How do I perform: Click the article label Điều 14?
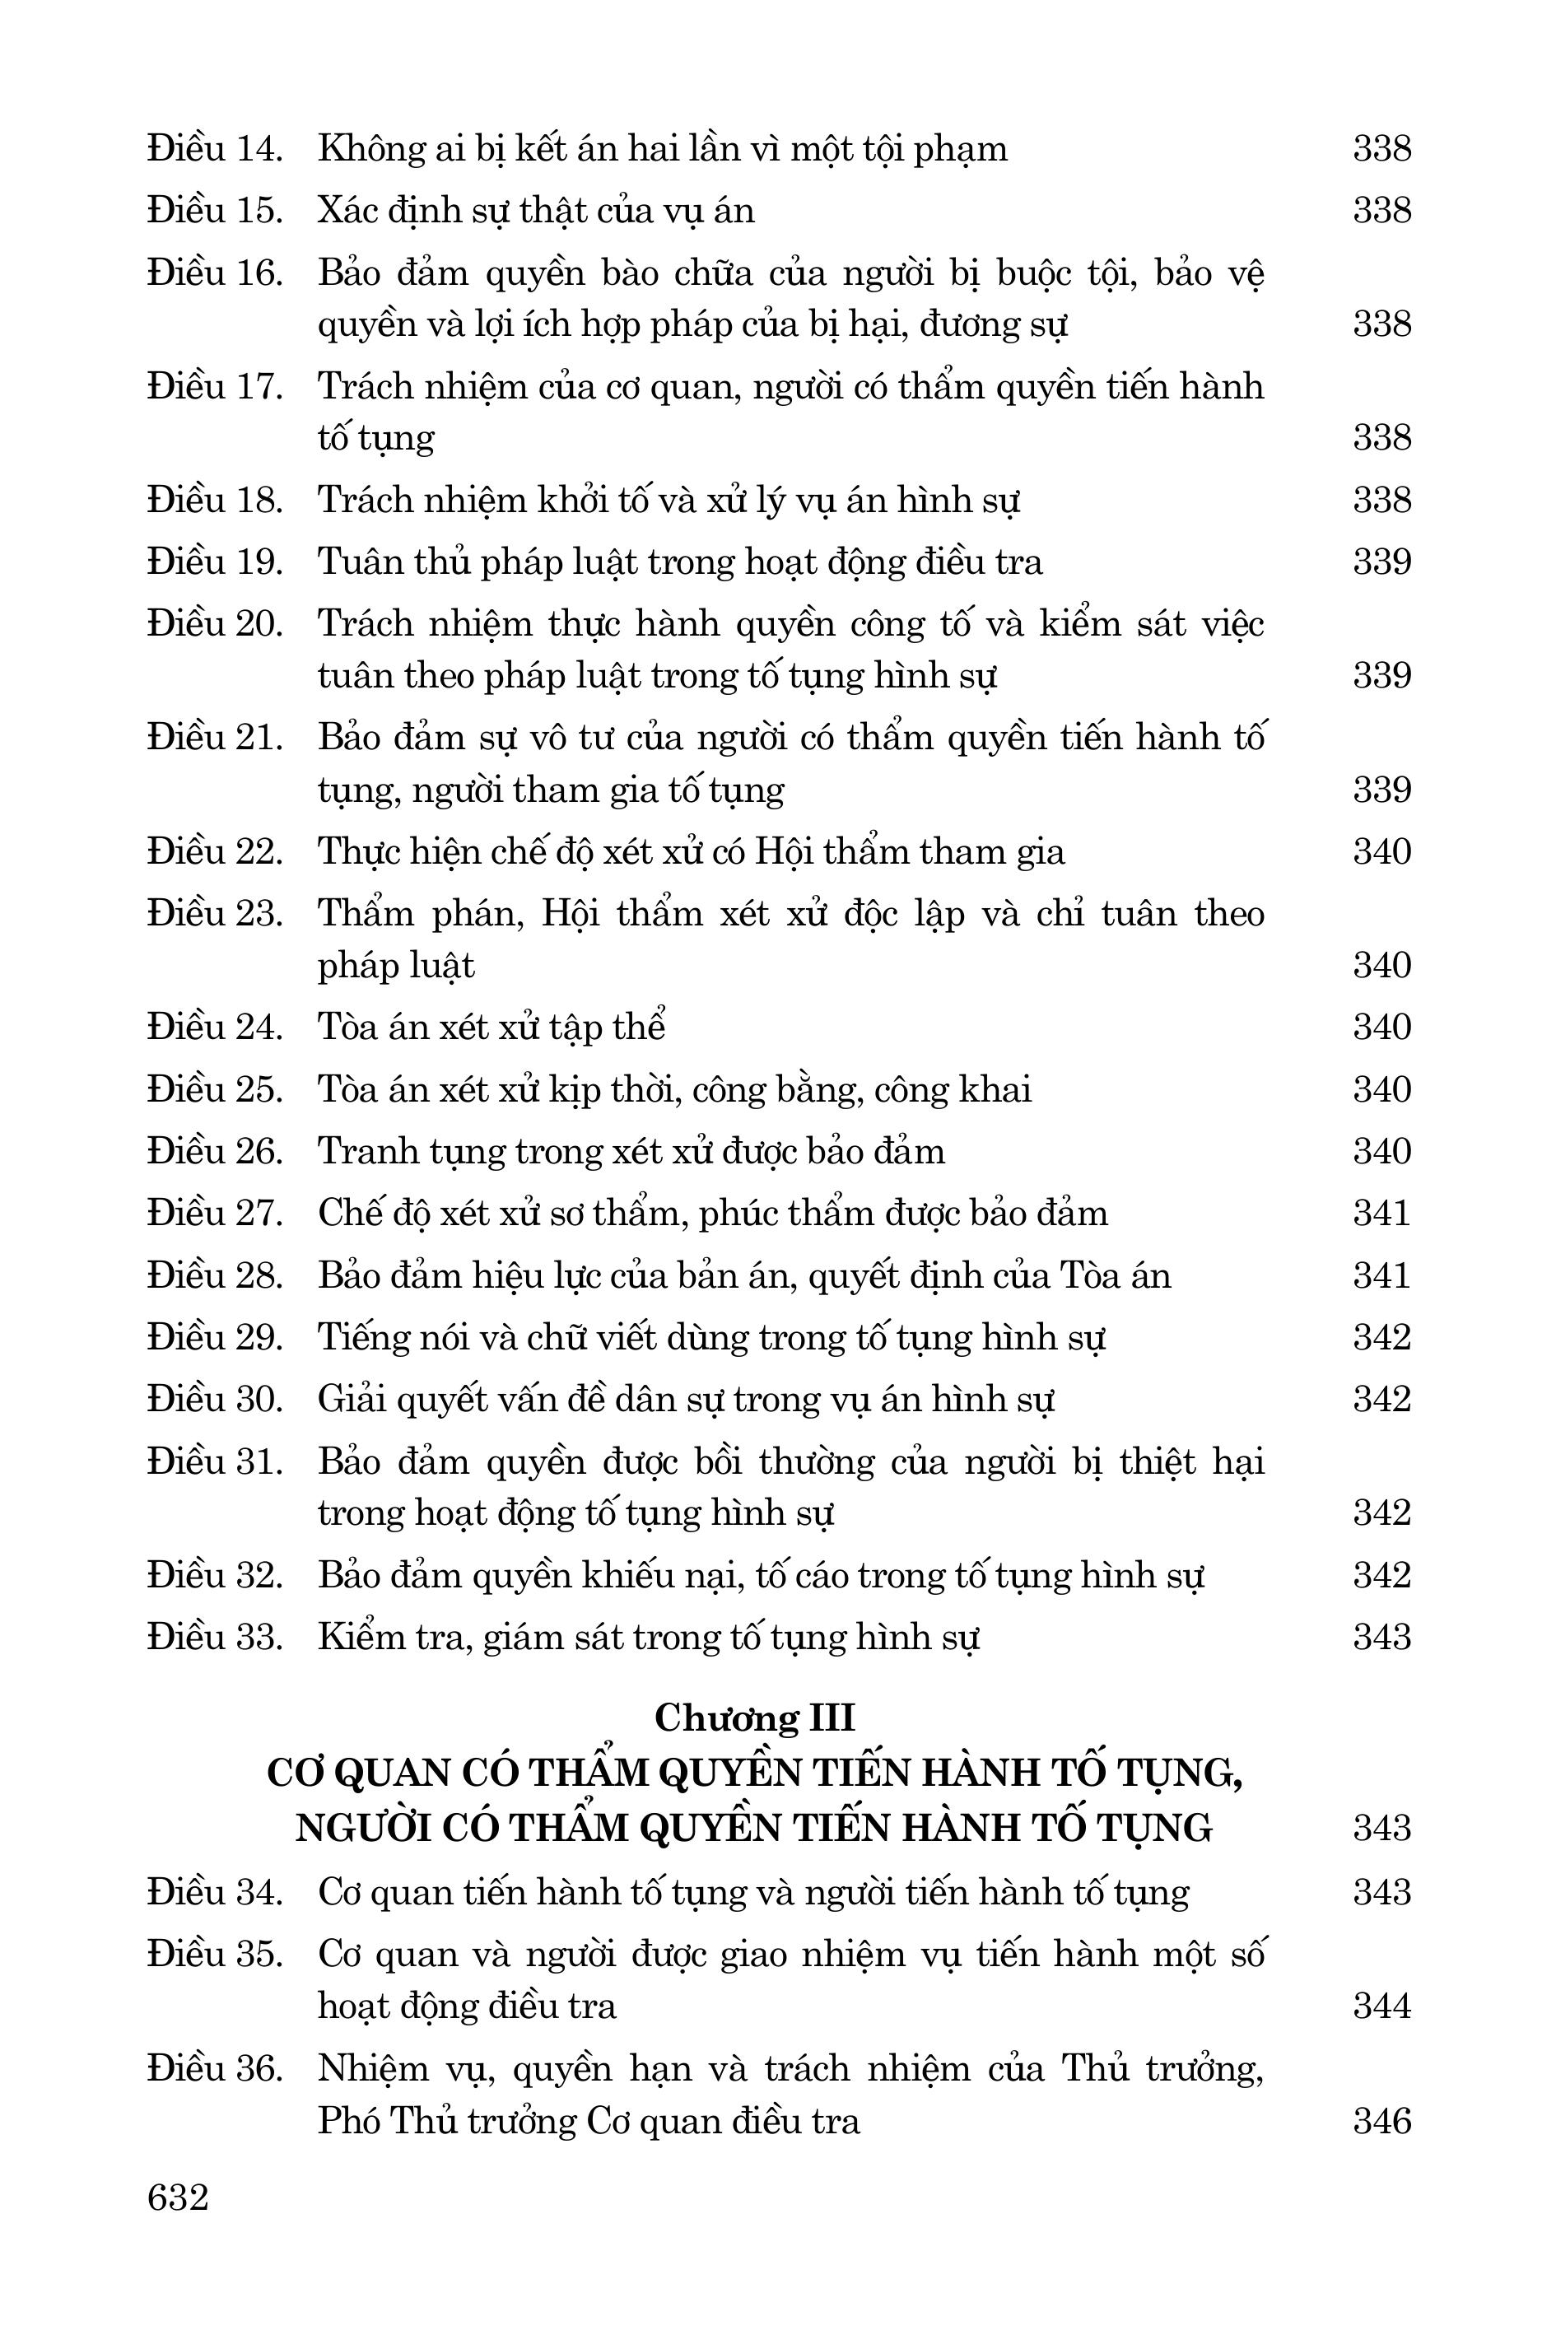pyautogui.click(x=216, y=149)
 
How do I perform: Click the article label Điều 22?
pyautogui.click(x=216, y=851)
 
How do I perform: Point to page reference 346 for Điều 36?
pyautogui.click(x=1381, y=2121)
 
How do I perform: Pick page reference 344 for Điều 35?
pyautogui.click(x=1381, y=2006)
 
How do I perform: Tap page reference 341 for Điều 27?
pyautogui.click(x=1381, y=1213)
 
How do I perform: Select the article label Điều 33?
pyautogui.click(x=216, y=1636)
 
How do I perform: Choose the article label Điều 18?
pyautogui.click(x=216, y=500)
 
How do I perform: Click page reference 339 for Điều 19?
pyautogui.click(x=1381, y=562)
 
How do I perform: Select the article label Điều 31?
pyautogui.click(x=216, y=1461)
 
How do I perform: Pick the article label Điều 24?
pyautogui.click(x=216, y=1026)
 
